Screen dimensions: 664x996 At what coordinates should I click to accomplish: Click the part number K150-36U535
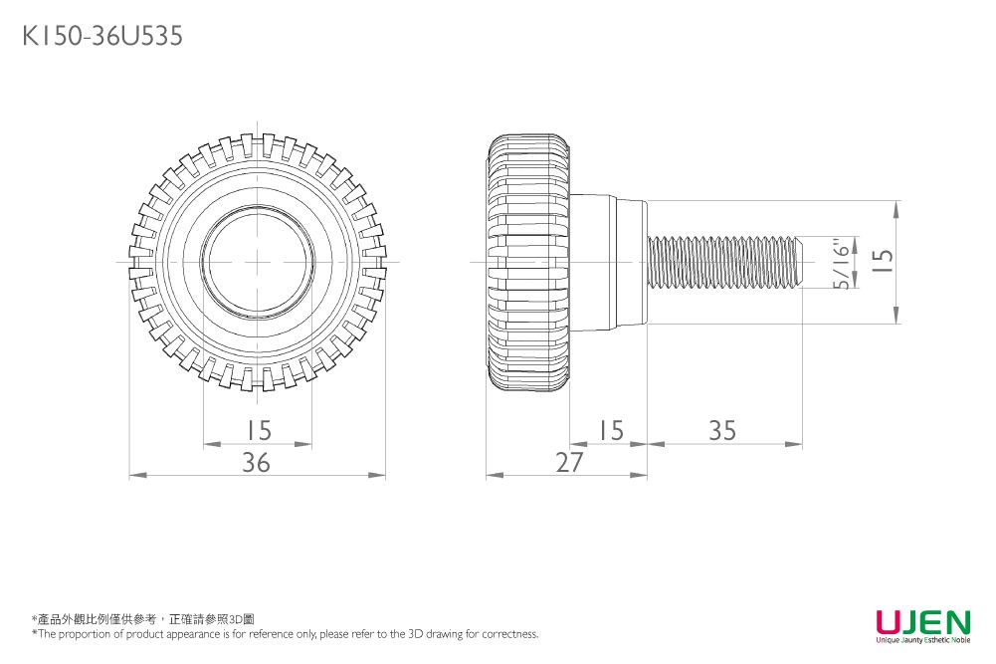(102, 37)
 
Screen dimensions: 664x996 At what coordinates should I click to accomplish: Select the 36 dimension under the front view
(257, 463)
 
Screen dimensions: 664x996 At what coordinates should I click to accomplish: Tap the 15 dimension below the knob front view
(258, 430)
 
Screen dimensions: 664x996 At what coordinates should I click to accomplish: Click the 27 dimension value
(570, 463)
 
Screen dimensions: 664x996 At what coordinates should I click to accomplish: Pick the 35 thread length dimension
(723, 430)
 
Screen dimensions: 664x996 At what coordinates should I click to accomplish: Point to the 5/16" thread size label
(843, 264)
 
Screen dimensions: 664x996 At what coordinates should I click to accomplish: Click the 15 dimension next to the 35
(610, 430)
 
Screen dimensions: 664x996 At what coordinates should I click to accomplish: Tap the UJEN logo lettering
(922, 622)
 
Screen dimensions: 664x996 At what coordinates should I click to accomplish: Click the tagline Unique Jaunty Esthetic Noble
(922, 640)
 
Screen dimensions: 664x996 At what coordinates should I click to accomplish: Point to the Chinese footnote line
(143, 619)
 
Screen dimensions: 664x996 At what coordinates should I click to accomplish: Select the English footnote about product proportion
(286, 634)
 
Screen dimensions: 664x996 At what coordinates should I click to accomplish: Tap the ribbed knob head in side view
(528, 263)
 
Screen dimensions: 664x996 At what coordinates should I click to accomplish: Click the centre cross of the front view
(258, 262)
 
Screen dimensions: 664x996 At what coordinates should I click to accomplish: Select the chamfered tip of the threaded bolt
(798, 263)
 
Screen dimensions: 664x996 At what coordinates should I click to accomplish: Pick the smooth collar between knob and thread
(609, 263)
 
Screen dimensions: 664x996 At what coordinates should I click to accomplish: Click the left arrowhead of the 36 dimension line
(134, 476)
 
